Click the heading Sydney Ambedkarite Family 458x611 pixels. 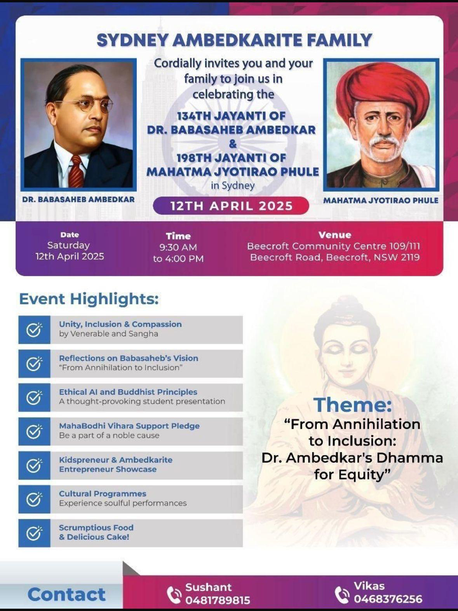tap(234, 40)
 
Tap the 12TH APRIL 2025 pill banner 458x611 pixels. tap(231, 206)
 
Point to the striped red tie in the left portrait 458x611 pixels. tap(76, 171)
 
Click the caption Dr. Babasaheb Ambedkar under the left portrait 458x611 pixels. tap(78, 199)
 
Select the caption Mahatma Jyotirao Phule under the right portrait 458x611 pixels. tap(381, 201)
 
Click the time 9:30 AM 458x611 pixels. tap(178, 247)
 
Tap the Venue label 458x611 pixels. tap(334, 235)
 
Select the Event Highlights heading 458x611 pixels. tap(89, 299)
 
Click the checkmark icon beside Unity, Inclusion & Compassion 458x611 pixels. tap(34, 330)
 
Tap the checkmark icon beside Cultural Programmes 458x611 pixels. tap(34, 499)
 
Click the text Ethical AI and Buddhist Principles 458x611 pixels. tap(128, 392)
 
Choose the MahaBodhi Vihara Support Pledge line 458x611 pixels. tap(129, 426)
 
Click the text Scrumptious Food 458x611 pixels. tap(96, 527)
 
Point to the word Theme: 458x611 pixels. tap(352, 405)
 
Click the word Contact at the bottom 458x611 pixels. tap(66, 594)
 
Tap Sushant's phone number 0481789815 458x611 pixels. tap(218, 600)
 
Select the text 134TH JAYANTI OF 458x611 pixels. tap(231, 116)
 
